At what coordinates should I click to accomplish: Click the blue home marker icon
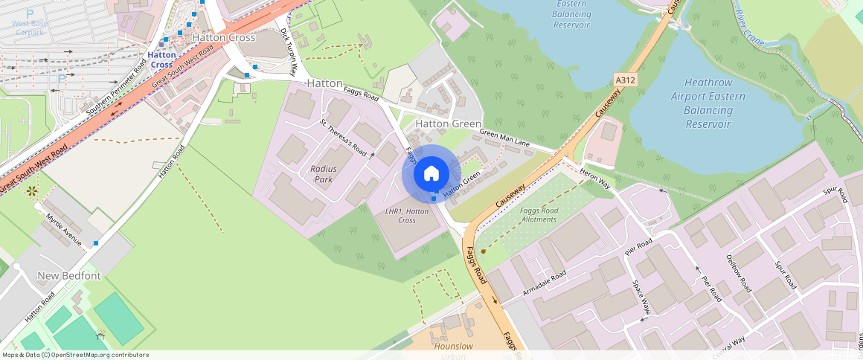tap(431, 174)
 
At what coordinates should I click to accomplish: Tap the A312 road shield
tap(626, 80)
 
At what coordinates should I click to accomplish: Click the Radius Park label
tap(324, 174)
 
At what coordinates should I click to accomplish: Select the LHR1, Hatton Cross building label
tap(407, 216)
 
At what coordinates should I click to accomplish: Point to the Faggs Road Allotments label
tap(539, 215)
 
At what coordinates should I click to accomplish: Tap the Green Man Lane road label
tap(504, 138)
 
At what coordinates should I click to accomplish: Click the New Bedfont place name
tap(69, 276)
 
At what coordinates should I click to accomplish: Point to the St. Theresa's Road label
tap(343, 138)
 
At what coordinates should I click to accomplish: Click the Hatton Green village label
tap(449, 123)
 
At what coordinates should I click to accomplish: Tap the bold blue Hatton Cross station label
tap(161, 60)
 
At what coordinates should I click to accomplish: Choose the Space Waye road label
tap(641, 297)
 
